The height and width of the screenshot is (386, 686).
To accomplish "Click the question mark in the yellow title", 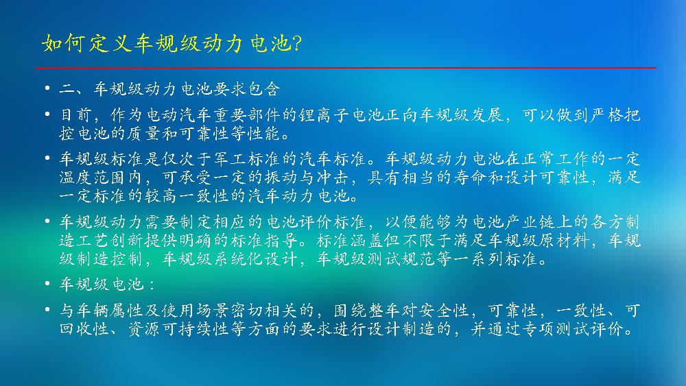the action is point(297,43).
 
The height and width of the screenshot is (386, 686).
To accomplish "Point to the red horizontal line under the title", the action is point(346,68).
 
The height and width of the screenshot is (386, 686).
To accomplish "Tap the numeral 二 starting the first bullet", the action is point(67,89).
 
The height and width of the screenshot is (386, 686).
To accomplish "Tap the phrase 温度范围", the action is point(93,177).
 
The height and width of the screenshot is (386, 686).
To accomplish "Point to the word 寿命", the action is point(471,177).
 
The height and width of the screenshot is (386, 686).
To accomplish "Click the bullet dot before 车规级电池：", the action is point(47,283).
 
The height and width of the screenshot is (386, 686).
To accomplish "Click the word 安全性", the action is point(444,311).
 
